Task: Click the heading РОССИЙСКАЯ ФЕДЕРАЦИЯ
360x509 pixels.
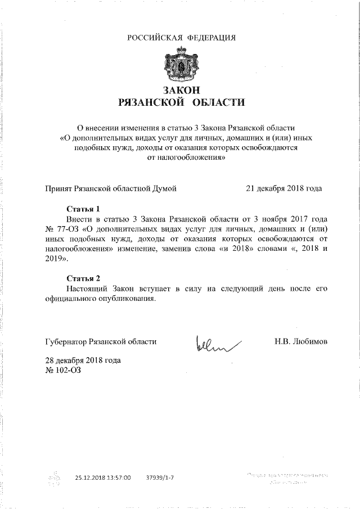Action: click(x=181, y=38)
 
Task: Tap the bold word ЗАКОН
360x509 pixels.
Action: click(x=181, y=91)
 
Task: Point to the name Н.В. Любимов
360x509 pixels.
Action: click(x=301, y=341)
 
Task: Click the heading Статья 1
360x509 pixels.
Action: click(x=83, y=208)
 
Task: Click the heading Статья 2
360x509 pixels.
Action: click(x=83, y=278)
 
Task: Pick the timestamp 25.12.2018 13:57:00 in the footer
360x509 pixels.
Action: click(x=103, y=478)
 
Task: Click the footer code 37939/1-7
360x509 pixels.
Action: click(x=159, y=478)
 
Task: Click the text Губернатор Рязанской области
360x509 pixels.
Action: click(x=101, y=341)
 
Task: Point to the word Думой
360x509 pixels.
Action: click(x=165, y=188)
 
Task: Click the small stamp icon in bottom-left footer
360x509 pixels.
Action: click(x=54, y=479)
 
